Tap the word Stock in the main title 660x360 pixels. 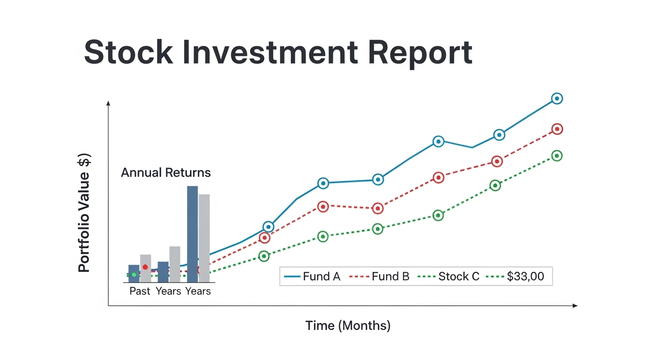pos(128,52)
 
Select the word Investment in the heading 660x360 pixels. pos(270,52)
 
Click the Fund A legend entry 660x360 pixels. pos(312,277)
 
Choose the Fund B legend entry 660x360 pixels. pos(379,277)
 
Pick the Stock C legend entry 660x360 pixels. pos(449,277)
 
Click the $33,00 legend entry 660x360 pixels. pos(515,277)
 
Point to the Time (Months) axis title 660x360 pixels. pos(348,326)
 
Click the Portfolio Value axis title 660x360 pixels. pos(84,213)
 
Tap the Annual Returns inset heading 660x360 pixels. pos(166,172)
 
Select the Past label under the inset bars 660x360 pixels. pos(140,291)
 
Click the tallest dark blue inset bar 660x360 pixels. pos(192,234)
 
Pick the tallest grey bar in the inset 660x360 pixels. pos(204,238)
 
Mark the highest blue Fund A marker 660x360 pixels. pos(557,98)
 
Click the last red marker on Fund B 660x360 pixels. pos(557,129)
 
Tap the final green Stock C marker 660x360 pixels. pos(556,156)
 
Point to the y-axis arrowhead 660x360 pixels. pos(108,103)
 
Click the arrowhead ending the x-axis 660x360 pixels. pos(575,306)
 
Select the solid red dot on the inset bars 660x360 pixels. pos(145,267)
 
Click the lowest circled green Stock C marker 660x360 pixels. pos(264,256)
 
